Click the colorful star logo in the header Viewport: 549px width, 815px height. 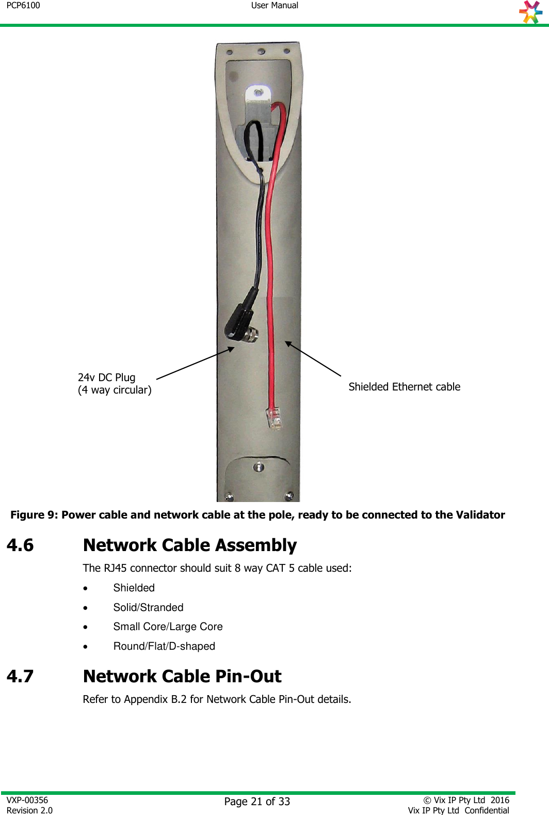pyautogui.click(x=531, y=12)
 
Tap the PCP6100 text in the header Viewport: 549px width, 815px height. pyautogui.click(x=23, y=6)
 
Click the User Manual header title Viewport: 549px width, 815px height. pyautogui.click(x=274, y=6)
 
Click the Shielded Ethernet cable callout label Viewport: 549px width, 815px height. pyautogui.click(x=404, y=387)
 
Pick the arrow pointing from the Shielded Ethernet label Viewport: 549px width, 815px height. pyautogui.click(x=313, y=358)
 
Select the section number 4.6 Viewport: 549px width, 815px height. pyautogui.click(x=20, y=545)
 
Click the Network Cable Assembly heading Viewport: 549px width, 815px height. pyautogui.click(x=190, y=545)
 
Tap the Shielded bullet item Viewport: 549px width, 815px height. pyautogui.click(x=134, y=588)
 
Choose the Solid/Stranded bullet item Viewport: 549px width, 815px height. pyautogui.click(x=149, y=607)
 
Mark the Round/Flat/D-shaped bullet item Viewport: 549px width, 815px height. pyautogui.click(x=164, y=646)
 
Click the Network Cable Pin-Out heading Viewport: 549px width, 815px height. pyautogui.click(x=182, y=677)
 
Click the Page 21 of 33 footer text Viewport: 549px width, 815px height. pyautogui.click(x=257, y=802)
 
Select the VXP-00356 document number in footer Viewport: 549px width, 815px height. pyautogui.click(x=27, y=800)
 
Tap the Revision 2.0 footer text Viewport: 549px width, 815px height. pyautogui.click(x=30, y=810)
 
